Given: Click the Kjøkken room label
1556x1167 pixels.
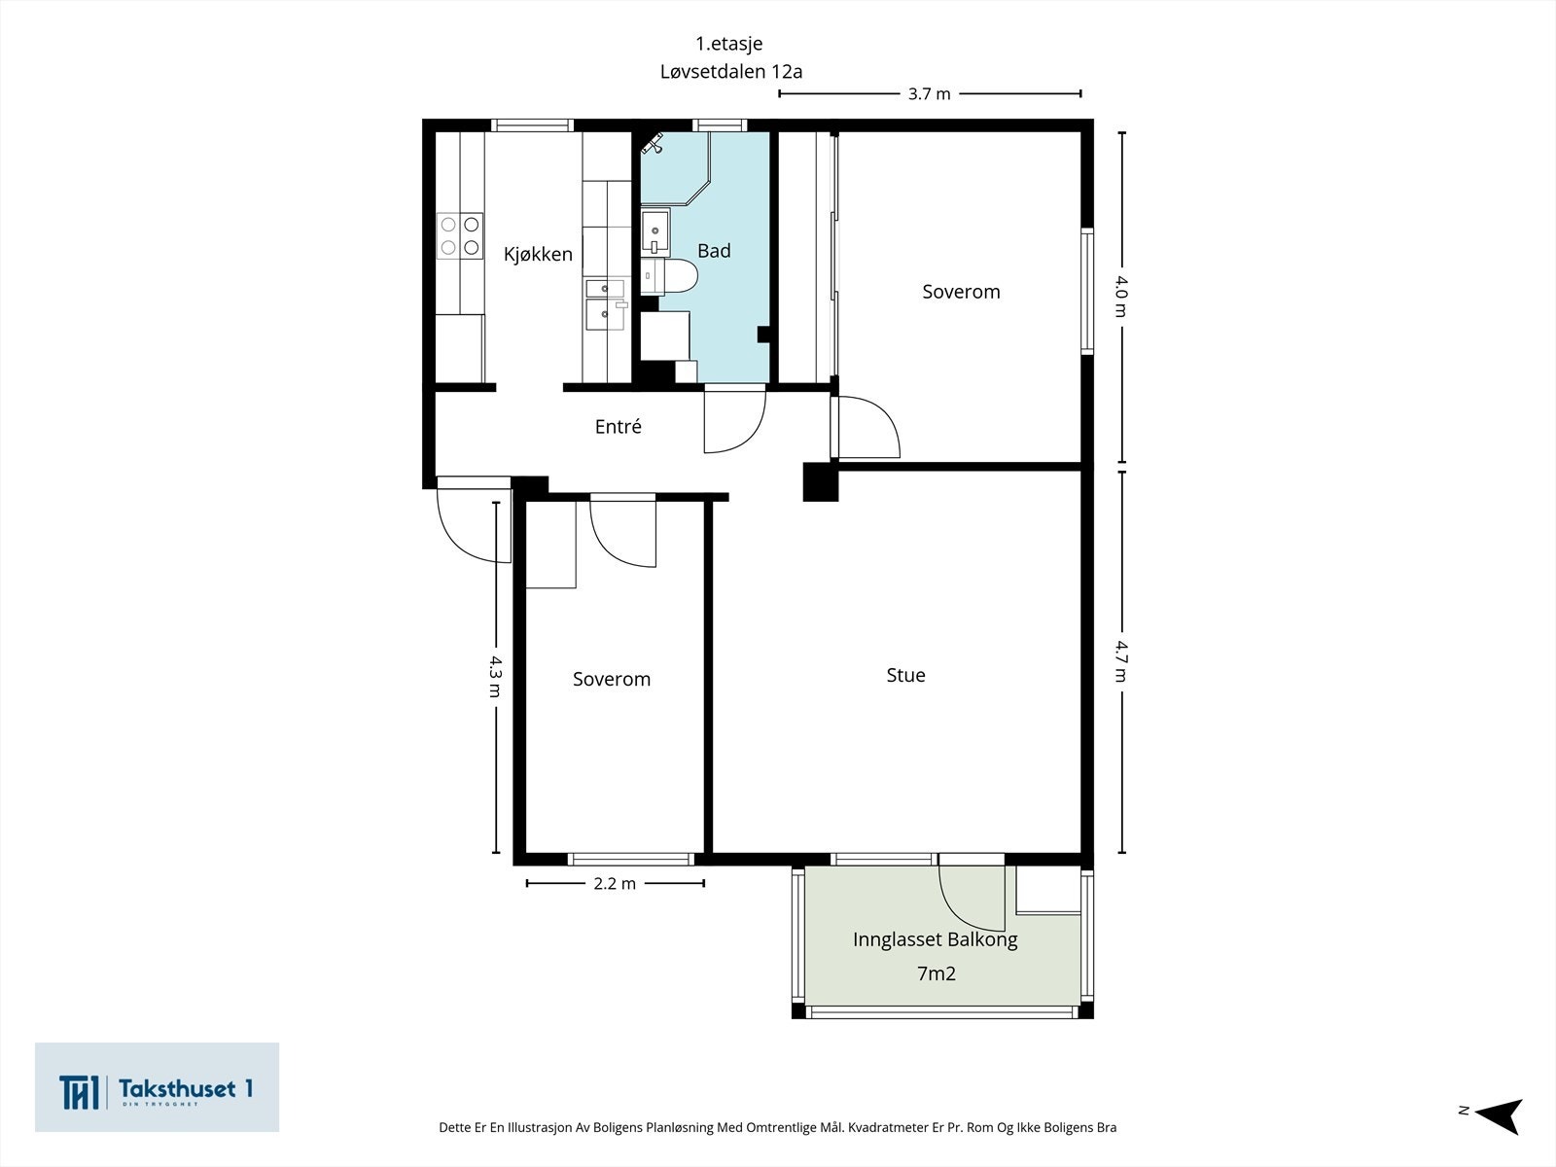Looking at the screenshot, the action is point(538,255).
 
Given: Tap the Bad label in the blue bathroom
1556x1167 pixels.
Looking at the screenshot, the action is point(714,251).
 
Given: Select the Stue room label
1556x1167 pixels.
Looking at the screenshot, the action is point(906,675).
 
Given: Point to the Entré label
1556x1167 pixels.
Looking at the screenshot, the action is point(619,426).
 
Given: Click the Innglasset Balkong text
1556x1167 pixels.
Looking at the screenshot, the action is point(935,939).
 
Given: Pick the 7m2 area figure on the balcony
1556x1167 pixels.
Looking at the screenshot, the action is point(937,973).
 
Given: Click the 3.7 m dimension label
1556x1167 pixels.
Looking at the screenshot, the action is point(930,94).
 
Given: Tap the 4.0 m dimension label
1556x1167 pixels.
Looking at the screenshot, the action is point(1120,297).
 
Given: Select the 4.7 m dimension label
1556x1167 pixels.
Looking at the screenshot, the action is point(1120,661).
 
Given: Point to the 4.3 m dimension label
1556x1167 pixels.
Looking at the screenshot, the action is point(496,676).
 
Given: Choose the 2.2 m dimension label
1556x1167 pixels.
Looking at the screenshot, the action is point(615,884).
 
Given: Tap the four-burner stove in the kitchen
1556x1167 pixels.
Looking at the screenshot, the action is point(459,236).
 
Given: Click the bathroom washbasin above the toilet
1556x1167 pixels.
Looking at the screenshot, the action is point(655,231).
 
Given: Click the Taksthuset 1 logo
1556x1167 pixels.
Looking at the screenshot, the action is point(157,1087).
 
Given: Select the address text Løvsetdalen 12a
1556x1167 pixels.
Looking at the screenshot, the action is point(731,72).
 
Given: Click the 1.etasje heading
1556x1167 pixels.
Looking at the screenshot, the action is point(728,43).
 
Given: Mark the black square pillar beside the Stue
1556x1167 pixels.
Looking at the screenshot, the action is point(820,481).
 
